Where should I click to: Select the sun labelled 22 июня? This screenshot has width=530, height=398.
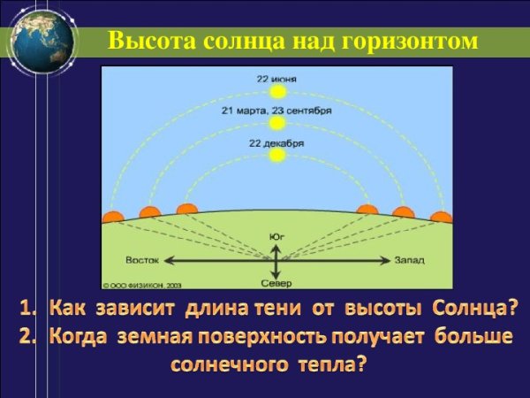point(277,91)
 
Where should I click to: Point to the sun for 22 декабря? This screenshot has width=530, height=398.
point(277,155)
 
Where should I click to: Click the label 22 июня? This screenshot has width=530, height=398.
point(277,79)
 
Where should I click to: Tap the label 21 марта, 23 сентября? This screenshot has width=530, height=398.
point(277,111)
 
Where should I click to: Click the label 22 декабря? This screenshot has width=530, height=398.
point(277,143)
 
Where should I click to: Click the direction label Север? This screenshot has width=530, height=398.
point(276,283)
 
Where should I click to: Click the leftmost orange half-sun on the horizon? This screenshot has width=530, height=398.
point(112,216)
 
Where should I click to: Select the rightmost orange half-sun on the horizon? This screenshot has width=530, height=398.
point(441,216)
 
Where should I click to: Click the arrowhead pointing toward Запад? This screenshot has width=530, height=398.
point(385,260)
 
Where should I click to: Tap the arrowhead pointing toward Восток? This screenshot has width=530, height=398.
point(166,260)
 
